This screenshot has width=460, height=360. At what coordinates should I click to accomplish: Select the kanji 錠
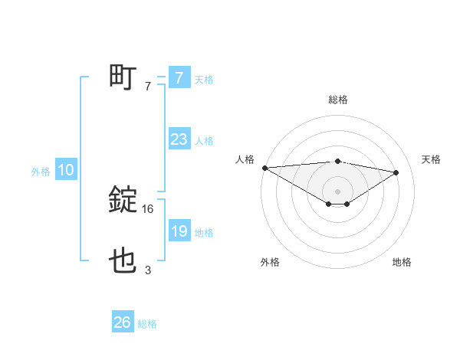point(123,201)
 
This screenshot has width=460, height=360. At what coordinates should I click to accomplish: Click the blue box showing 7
point(179,78)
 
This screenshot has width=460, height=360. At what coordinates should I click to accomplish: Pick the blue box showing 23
point(179,139)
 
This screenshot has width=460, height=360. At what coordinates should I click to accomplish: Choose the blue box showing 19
point(179,231)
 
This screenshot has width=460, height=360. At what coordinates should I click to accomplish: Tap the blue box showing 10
point(66,171)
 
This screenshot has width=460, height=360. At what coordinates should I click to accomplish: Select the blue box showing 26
point(122,322)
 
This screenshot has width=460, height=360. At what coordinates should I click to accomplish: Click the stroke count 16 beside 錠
point(149,208)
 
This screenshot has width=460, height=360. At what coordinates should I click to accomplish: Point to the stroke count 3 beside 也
point(148,270)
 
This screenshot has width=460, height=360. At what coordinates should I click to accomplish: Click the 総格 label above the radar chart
point(338,100)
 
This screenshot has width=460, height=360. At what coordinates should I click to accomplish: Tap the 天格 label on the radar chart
point(432,159)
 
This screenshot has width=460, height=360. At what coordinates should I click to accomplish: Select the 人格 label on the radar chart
point(245,159)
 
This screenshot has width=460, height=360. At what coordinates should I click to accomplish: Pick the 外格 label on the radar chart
point(269,262)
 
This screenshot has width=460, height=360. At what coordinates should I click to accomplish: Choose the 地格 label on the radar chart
point(402,262)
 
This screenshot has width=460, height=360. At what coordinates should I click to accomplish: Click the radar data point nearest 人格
point(264,168)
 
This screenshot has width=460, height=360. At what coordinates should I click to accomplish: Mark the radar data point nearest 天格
point(396,172)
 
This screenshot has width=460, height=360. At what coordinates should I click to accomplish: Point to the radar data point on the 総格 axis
point(338,161)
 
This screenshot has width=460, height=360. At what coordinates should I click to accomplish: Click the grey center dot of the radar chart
point(338,191)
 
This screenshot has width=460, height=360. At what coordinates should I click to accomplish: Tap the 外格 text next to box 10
point(41,172)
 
